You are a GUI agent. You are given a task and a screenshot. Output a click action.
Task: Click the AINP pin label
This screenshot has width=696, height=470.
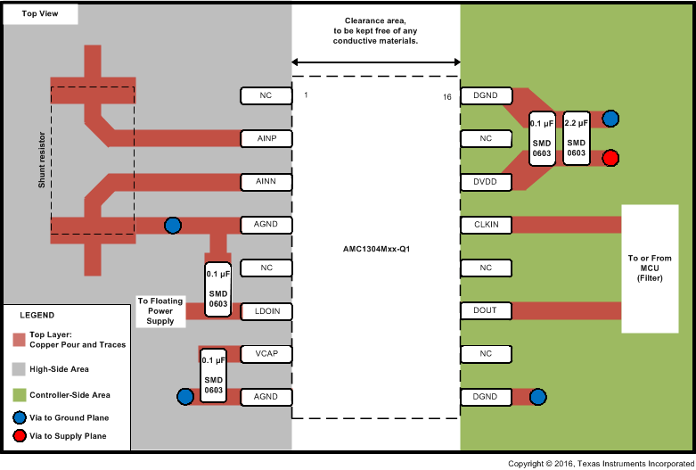pyautogui.click(x=266, y=138)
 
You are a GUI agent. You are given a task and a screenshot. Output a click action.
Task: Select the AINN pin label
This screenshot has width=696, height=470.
pyautogui.click(x=266, y=182)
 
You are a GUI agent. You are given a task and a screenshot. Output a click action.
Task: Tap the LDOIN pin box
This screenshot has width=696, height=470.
pyautogui.click(x=266, y=310)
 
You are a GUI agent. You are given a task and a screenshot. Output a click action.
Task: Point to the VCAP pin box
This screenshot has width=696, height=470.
pyautogui.click(x=266, y=354)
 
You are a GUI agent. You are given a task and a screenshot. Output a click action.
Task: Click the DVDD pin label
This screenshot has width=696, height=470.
pyautogui.click(x=486, y=182)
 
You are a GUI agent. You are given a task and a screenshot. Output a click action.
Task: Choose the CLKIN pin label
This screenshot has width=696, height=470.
pyautogui.click(x=486, y=225)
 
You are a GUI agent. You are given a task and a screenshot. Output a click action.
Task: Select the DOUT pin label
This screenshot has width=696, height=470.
pyautogui.click(x=486, y=310)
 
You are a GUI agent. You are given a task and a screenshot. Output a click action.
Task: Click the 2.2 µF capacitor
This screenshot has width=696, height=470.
pyautogui.click(x=577, y=138)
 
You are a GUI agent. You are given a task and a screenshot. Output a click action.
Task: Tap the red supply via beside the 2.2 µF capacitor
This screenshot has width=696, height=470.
pyautogui.click(x=610, y=158)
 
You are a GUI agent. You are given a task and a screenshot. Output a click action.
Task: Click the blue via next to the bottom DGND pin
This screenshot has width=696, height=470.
pyautogui.click(x=537, y=397)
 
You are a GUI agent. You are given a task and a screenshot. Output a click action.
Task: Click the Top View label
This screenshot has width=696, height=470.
pyautogui.click(x=40, y=14)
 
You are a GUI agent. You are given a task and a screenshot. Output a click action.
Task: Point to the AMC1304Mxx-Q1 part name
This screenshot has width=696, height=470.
pyautogui.click(x=375, y=250)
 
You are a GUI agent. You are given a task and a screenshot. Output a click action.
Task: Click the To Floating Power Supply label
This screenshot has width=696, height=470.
pyautogui.click(x=160, y=310)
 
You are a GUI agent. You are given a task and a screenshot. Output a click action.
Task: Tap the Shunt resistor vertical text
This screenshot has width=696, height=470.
pyautogui.click(x=41, y=160)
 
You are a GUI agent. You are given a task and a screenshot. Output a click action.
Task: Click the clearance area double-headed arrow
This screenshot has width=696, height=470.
pyautogui.click(x=375, y=62)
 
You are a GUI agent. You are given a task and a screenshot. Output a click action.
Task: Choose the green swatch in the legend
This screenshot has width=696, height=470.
pyautogui.click(x=19, y=394)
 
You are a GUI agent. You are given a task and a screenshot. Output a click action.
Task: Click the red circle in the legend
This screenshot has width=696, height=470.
pyautogui.click(x=19, y=436)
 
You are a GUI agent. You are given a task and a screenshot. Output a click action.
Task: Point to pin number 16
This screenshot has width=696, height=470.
pyautogui.click(x=447, y=95)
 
